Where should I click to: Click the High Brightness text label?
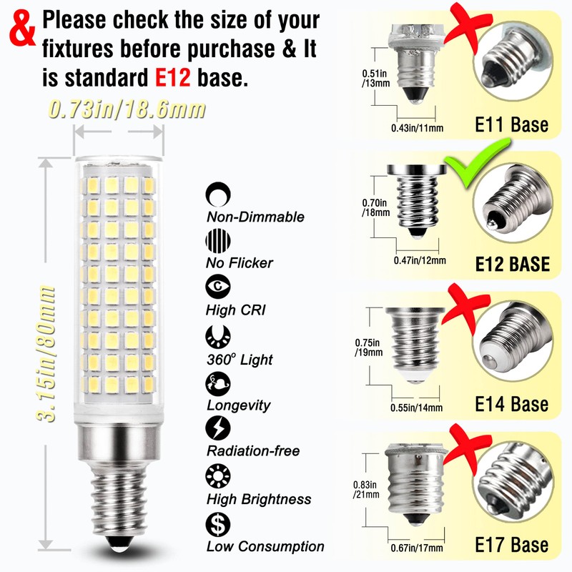258,499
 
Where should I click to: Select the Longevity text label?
238,405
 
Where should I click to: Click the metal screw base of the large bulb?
114,493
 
